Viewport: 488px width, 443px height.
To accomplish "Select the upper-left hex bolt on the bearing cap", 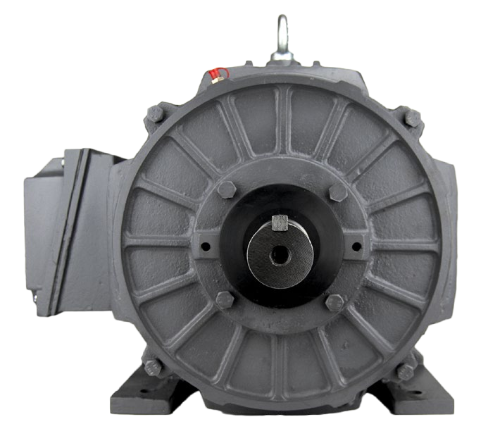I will click(227, 190).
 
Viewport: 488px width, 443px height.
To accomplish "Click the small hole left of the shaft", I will click(206, 247).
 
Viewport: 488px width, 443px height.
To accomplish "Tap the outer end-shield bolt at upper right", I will click(413, 118).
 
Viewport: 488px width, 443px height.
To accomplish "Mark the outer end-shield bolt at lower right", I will click(406, 371).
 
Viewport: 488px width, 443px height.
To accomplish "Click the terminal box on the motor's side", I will click(67, 225).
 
